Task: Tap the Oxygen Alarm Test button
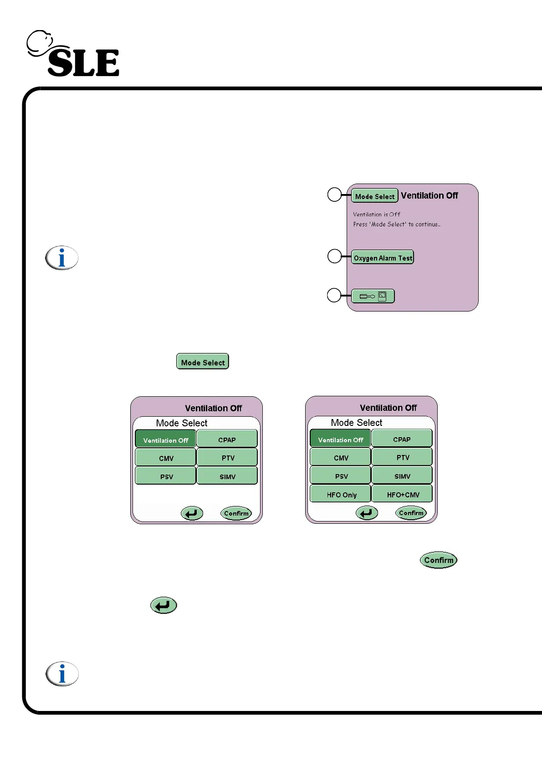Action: coord(383,257)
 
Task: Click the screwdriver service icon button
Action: coord(373,296)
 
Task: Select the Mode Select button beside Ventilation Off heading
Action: coord(375,196)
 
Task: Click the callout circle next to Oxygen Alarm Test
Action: coord(335,256)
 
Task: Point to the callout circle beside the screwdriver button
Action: coord(334,295)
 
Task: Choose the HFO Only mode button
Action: coord(341,494)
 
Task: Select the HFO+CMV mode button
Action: coord(402,494)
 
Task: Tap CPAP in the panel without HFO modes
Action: coord(227,439)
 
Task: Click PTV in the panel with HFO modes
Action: coord(402,457)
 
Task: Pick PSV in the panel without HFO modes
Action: coord(166,476)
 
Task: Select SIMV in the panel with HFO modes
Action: coord(402,476)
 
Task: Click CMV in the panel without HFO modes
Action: coord(166,457)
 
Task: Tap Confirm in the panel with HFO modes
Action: coord(411,513)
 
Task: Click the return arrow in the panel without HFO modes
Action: coord(192,513)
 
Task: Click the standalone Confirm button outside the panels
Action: coord(438,560)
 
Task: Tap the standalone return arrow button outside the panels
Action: coord(164,605)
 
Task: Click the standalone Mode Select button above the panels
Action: coord(203,362)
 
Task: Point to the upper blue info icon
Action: coord(62,258)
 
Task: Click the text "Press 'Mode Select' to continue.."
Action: coord(396,224)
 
